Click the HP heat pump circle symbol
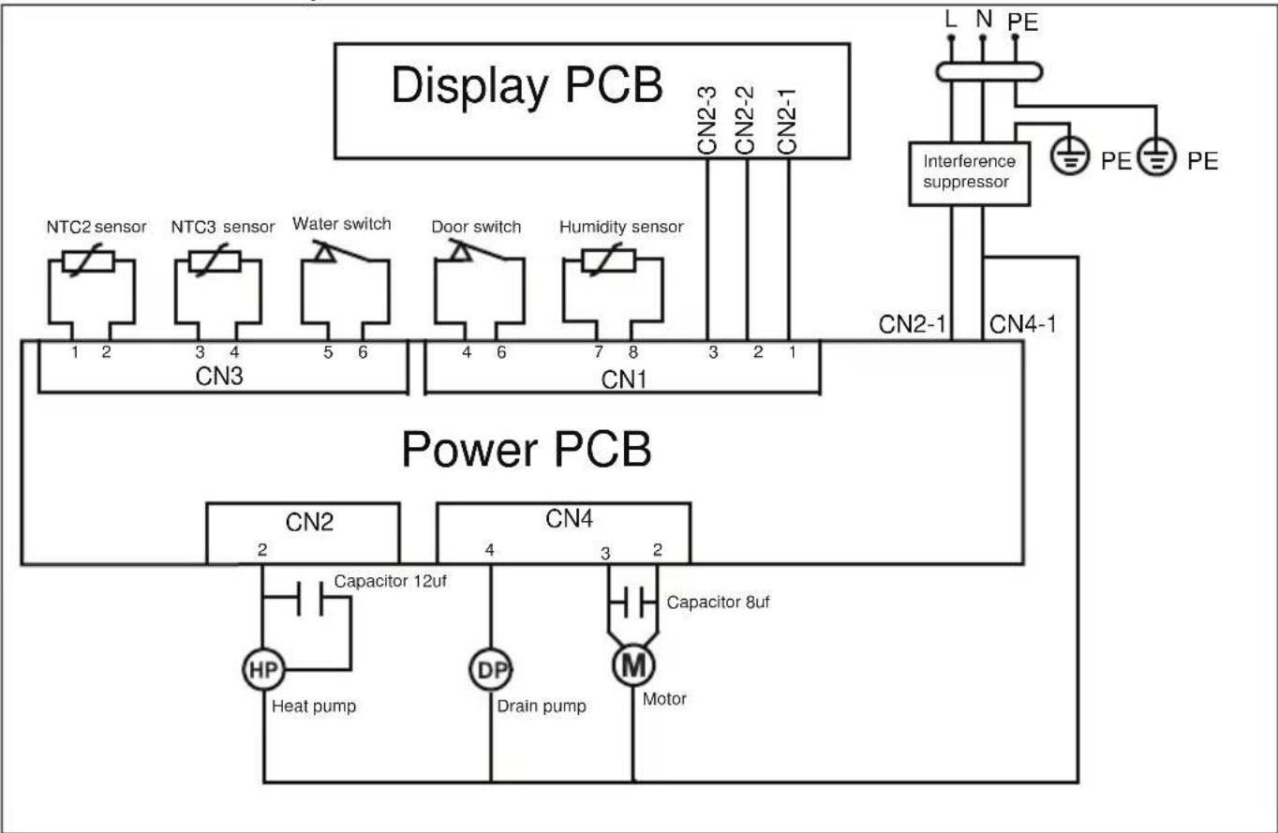click(263, 669)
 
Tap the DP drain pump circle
click(491, 669)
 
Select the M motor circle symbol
click(633, 664)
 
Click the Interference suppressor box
click(970, 173)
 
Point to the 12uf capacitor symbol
click(309, 598)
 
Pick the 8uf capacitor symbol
click(633, 602)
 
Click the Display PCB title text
click(527, 85)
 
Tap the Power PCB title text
click(526, 449)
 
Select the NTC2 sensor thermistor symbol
click(88, 260)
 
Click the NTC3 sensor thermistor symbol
click(215, 260)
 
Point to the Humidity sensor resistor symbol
click(609, 260)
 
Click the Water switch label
click(342, 224)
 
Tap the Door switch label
click(476, 227)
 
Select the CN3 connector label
click(219, 376)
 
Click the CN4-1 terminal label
click(1022, 324)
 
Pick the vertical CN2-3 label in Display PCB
click(706, 120)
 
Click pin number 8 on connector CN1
click(632, 352)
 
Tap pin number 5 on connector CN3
click(328, 352)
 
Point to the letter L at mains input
click(950, 19)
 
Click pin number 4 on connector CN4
click(489, 549)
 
